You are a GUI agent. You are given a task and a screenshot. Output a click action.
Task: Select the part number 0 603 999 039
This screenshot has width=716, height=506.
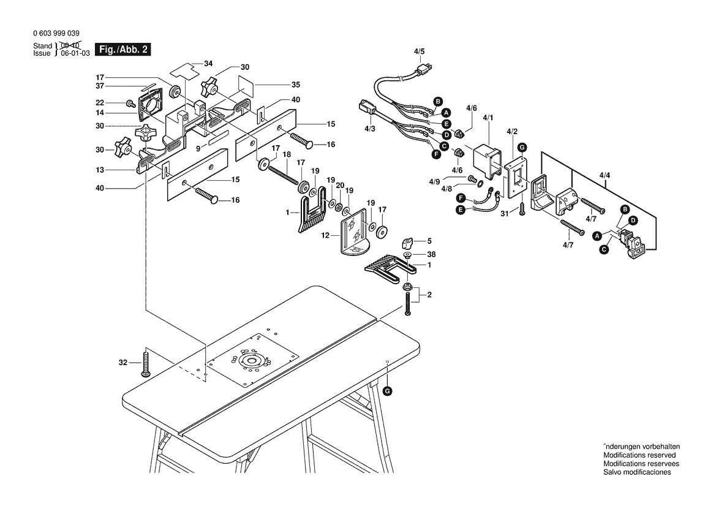(x=56, y=34)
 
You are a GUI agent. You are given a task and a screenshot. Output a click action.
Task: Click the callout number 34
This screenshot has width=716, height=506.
(x=208, y=64)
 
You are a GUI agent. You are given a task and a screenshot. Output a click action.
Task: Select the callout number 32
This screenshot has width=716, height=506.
(x=122, y=363)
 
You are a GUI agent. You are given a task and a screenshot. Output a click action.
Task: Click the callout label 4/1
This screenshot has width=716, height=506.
(x=488, y=116)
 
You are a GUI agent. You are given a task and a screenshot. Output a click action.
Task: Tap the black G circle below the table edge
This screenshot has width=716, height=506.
(x=387, y=390)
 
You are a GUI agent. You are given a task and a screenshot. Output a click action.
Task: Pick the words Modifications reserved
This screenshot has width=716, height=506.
(x=639, y=455)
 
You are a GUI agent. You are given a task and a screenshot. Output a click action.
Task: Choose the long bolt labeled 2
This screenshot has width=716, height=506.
(x=407, y=303)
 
